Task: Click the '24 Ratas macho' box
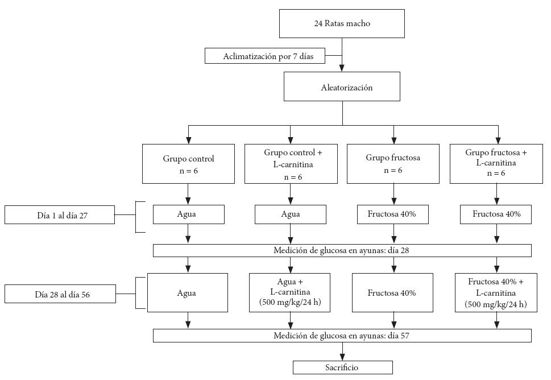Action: point(342,23)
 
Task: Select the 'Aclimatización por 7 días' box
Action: point(265,56)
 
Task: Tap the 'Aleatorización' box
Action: point(342,86)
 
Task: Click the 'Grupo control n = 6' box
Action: point(188,164)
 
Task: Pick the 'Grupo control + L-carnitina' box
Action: point(291,164)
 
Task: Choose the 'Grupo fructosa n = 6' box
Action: point(393,164)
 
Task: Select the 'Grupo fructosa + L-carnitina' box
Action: point(496,164)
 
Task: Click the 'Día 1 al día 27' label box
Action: point(60,215)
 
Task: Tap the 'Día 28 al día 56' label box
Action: point(60,294)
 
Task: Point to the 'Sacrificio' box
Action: point(343,367)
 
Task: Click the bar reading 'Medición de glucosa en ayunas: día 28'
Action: point(342,250)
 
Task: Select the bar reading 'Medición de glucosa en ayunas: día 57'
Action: point(342,336)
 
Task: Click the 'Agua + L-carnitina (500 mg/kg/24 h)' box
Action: point(289,292)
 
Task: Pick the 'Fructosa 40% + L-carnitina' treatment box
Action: point(496,292)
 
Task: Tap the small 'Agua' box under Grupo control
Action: point(189,214)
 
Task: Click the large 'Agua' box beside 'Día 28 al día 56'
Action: point(188,292)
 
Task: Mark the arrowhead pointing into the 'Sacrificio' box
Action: point(342,357)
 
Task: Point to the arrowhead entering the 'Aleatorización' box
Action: point(342,68)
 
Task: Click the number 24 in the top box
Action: point(318,23)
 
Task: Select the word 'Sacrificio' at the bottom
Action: point(342,367)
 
